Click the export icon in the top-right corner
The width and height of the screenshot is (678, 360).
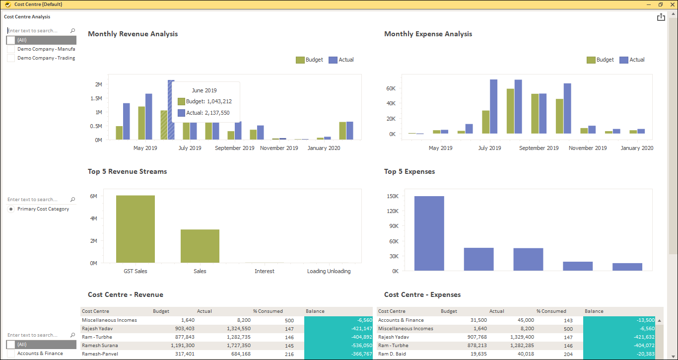(661, 17)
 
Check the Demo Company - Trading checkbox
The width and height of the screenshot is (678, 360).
(11, 58)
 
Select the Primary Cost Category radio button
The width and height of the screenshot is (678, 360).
(11, 209)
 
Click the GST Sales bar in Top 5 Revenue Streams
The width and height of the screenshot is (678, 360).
(135, 229)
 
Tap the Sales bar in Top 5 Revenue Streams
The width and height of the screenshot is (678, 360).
(200, 246)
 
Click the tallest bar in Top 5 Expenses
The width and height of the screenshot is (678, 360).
(429, 233)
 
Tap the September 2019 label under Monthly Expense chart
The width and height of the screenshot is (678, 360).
(539, 148)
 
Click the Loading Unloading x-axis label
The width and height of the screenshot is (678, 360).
(329, 271)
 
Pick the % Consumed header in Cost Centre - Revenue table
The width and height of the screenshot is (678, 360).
(268, 311)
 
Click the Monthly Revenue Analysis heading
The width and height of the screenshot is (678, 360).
(133, 34)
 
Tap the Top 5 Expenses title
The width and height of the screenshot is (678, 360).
(409, 172)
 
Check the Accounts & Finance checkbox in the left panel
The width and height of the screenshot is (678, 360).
(11, 354)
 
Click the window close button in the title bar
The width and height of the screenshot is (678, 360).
(672, 4)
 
